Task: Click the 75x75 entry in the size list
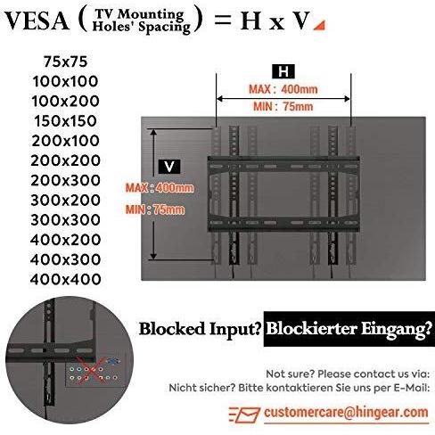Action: point(65,62)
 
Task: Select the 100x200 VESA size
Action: point(65,101)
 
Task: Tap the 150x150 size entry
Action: point(65,121)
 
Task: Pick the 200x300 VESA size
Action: point(65,180)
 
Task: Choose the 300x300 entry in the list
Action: point(65,220)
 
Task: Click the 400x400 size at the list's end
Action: point(65,279)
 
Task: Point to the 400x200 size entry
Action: point(65,240)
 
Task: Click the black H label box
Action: point(283,71)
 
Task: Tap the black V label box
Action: point(169,167)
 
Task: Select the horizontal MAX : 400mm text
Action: point(283,89)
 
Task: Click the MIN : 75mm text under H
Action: point(283,106)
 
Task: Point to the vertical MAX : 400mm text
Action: point(160,188)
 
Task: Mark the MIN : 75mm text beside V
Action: point(155,209)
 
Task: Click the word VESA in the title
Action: point(37,21)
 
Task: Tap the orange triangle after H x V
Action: point(320,26)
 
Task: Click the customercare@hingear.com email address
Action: point(346,412)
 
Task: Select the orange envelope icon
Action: point(245,414)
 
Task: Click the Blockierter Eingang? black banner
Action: point(349,329)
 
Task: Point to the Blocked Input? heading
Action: point(200,329)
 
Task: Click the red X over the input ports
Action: point(90,370)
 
